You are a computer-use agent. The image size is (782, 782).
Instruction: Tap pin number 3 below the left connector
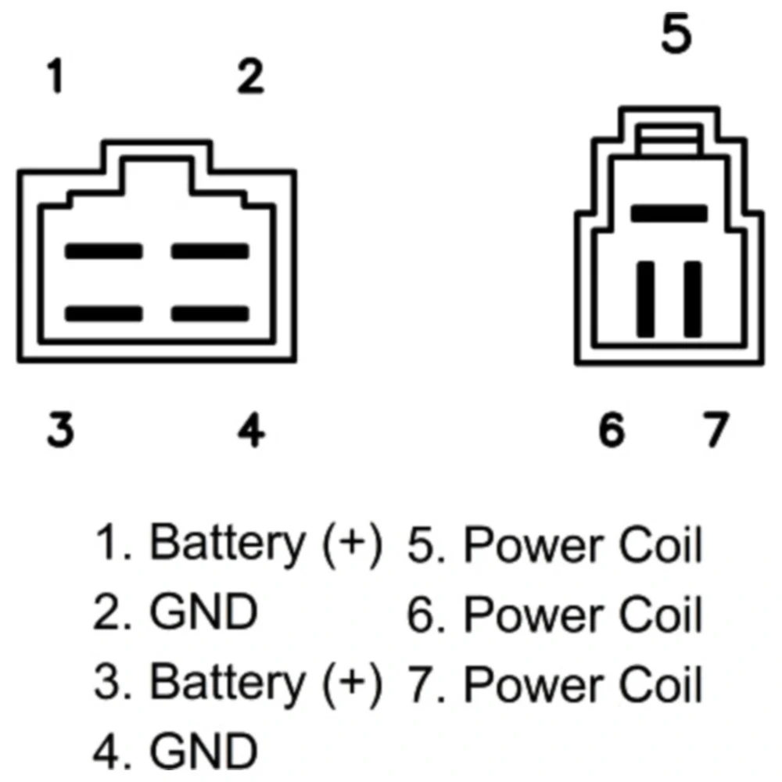(59, 429)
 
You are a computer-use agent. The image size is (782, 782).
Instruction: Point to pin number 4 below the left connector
(251, 429)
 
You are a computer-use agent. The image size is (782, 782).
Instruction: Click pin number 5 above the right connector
(676, 35)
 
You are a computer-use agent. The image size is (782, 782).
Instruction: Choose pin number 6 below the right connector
(612, 429)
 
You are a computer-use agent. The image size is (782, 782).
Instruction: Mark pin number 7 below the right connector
(713, 429)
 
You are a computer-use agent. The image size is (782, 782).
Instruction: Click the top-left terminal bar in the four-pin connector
(104, 252)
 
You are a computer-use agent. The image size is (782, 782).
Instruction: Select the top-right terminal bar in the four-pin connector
(210, 252)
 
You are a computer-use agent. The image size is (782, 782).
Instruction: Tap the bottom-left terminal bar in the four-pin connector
(104, 314)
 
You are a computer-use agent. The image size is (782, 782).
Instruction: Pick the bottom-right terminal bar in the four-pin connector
(210, 314)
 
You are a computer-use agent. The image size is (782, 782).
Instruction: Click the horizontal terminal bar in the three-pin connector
(669, 213)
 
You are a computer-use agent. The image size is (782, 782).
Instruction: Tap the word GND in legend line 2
(203, 614)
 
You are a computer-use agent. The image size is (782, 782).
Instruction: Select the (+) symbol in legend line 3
(353, 683)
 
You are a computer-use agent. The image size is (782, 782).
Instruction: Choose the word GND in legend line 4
(203, 752)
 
